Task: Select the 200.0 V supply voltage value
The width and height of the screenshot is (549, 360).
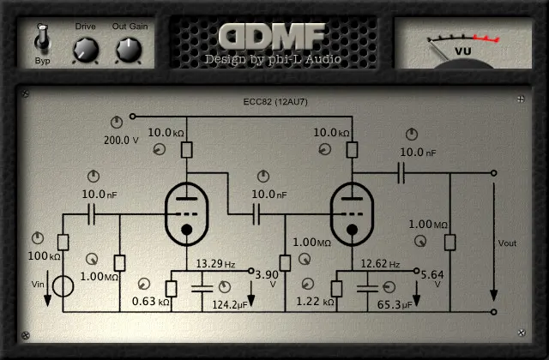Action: [x=121, y=140]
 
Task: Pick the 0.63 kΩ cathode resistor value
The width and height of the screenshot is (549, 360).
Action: [x=150, y=302]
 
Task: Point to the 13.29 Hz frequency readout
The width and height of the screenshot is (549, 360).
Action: [x=215, y=263]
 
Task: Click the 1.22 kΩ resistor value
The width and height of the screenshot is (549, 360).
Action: [x=314, y=302]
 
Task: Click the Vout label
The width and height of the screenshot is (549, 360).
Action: [x=508, y=242]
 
